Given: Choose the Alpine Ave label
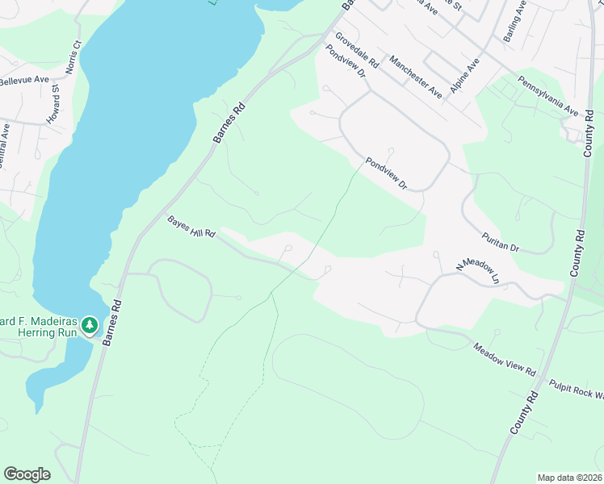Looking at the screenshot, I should tap(465, 75).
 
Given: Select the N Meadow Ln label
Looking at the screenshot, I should tap(478, 273).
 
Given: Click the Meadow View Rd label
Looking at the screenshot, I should tap(505, 360).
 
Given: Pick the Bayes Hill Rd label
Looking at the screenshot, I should tap(191, 227).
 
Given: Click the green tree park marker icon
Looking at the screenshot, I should tap(91, 326).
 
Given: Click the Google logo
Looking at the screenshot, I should tap(27, 474).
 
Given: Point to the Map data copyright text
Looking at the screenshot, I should tap(569, 477).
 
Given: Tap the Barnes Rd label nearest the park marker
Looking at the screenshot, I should tap(116, 316).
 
